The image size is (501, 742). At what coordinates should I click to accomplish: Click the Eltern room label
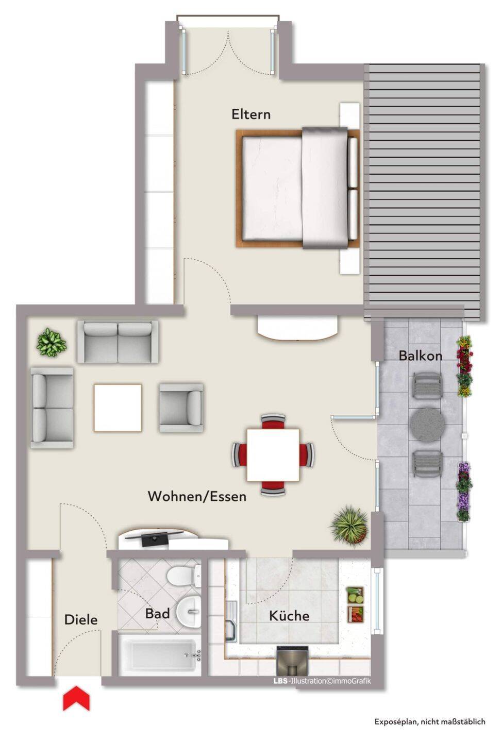coord(251,114)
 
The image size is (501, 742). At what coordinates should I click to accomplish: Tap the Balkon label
coord(420,356)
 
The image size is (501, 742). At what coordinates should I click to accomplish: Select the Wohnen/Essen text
coord(197,496)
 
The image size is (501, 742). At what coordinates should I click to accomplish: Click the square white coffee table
coord(118,408)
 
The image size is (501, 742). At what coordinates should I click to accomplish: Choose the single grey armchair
coord(181,408)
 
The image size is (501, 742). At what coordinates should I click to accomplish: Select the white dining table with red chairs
coord(273,455)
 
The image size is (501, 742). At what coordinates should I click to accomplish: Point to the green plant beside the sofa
coord(52,342)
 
